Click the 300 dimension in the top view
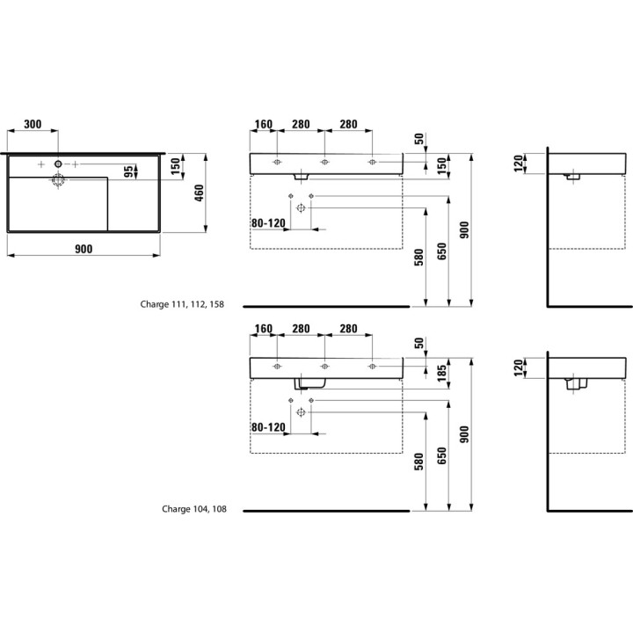pyautogui.click(x=33, y=124)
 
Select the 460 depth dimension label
pyautogui.click(x=200, y=193)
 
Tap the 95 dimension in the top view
pyautogui.click(x=128, y=171)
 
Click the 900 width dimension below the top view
pyautogui.click(x=84, y=249)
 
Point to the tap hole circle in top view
pyautogui.click(x=58, y=164)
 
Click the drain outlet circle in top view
pyautogui.click(x=58, y=179)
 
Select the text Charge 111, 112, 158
pyautogui.click(x=182, y=304)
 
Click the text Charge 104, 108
pyautogui.click(x=194, y=509)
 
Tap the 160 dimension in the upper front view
pyautogui.click(x=264, y=124)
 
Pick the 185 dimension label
pyautogui.click(x=442, y=373)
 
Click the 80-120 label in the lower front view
pyautogui.click(x=268, y=427)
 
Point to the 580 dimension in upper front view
pyautogui.click(x=419, y=258)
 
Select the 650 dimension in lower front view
pyautogui.click(x=442, y=455)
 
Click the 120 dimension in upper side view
pyautogui.click(x=519, y=164)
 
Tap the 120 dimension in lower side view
pyautogui.click(x=519, y=367)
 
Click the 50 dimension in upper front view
pyautogui.click(x=419, y=139)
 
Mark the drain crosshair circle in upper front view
pyautogui.click(x=301, y=207)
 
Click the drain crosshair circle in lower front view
pyautogui.click(x=301, y=412)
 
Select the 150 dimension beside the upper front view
pyautogui.click(x=442, y=166)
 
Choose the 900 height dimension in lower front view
pyautogui.click(x=465, y=434)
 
